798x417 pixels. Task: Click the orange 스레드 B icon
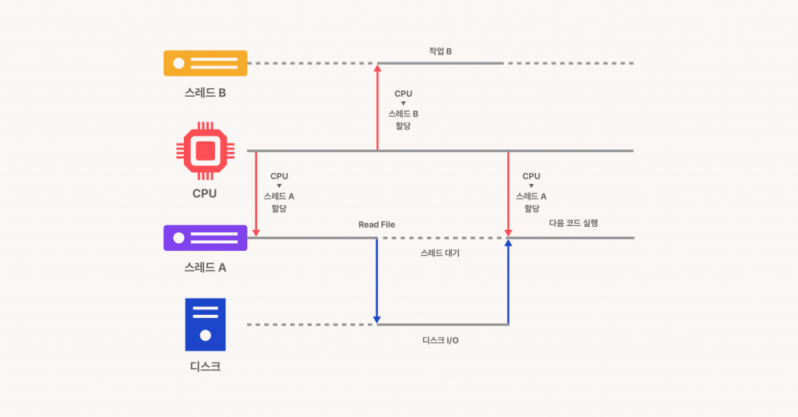(x=205, y=63)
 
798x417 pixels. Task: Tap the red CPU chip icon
(x=205, y=150)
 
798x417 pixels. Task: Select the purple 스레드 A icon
(x=205, y=238)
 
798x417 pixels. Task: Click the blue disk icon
(x=205, y=324)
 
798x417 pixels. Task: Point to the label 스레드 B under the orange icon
(x=205, y=92)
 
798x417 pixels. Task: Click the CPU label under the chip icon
(x=205, y=193)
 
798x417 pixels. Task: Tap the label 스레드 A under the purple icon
(x=205, y=267)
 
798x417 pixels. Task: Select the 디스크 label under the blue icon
(x=205, y=366)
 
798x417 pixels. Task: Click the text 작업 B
(x=440, y=51)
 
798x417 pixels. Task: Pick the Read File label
(x=376, y=224)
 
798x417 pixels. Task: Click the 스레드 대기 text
(x=440, y=253)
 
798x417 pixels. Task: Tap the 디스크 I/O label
(x=440, y=341)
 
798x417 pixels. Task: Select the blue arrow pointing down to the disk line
(x=377, y=281)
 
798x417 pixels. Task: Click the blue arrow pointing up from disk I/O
(x=508, y=281)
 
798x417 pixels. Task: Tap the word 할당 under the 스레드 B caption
(x=404, y=125)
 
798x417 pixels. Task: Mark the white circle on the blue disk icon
(x=205, y=336)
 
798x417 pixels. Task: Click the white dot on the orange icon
(x=178, y=63)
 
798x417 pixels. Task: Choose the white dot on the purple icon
(x=178, y=238)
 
